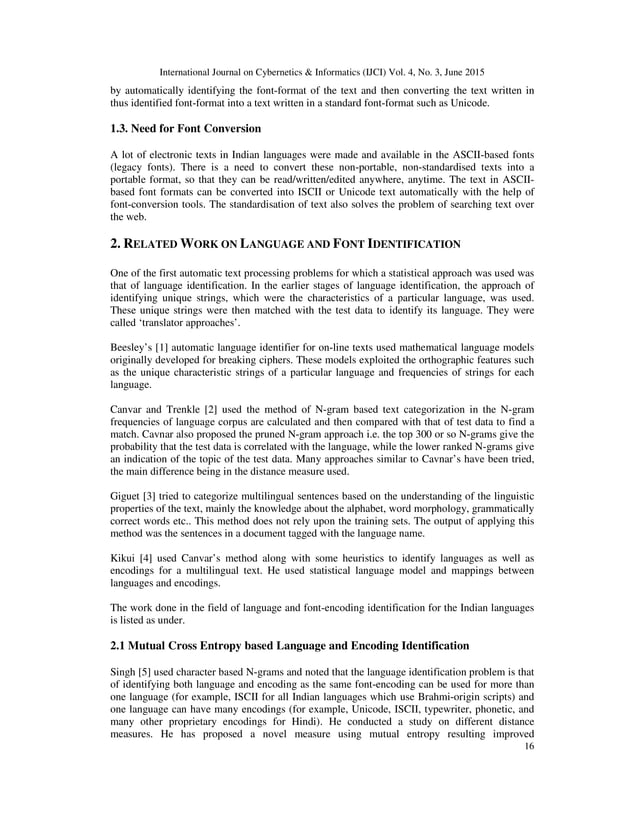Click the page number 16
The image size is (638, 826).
point(526,773)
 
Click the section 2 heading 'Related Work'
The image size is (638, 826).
point(285,243)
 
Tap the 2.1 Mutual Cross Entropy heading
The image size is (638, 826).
point(289,646)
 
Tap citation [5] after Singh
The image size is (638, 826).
point(146,673)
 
